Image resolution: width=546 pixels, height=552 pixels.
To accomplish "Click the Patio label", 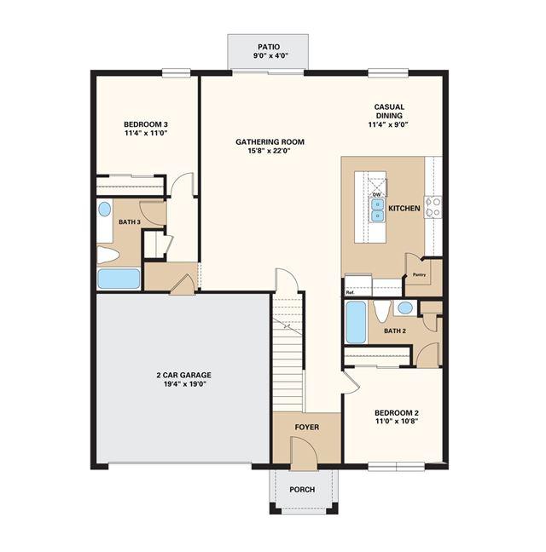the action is click(x=269, y=47).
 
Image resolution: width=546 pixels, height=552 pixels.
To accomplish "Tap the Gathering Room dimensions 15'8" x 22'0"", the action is click(x=270, y=151).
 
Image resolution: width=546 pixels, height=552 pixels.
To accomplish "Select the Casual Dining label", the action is click(x=389, y=111).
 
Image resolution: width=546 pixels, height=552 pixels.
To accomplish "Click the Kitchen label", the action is click(x=404, y=209).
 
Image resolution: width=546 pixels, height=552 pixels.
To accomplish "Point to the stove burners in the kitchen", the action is click(x=433, y=207).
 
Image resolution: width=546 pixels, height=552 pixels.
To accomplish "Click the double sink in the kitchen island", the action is click(x=377, y=210).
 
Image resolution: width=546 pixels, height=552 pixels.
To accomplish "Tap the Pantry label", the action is click(x=419, y=274).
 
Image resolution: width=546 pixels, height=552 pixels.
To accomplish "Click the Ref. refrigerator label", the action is click(x=350, y=292).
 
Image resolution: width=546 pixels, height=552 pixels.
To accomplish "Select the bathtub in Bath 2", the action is click(x=356, y=322).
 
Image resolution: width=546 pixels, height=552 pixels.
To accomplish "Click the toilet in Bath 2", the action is click(x=380, y=310).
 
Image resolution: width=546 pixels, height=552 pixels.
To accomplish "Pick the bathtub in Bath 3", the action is click(x=119, y=279).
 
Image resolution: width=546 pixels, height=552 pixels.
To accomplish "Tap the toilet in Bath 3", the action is click(x=107, y=255).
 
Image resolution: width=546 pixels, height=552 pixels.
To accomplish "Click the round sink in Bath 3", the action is click(x=104, y=209).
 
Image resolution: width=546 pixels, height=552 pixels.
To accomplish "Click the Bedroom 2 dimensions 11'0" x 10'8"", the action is click(x=397, y=421).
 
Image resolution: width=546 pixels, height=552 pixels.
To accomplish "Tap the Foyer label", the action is click(x=306, y=428).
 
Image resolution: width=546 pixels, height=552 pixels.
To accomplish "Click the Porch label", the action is click(x=302, y=490).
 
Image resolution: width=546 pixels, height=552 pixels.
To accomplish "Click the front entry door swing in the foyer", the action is click(x=304, y=453).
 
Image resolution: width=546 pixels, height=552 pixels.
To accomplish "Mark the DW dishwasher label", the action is click(x=376, y=195).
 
